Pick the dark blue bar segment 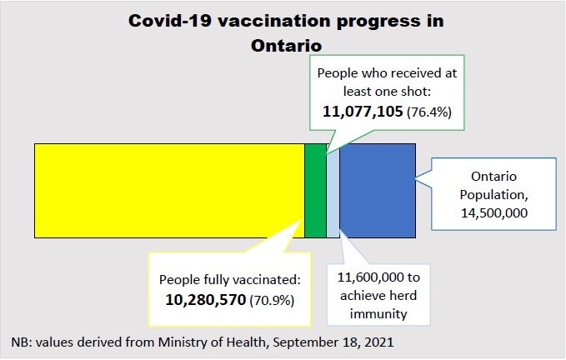click(377, 190)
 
